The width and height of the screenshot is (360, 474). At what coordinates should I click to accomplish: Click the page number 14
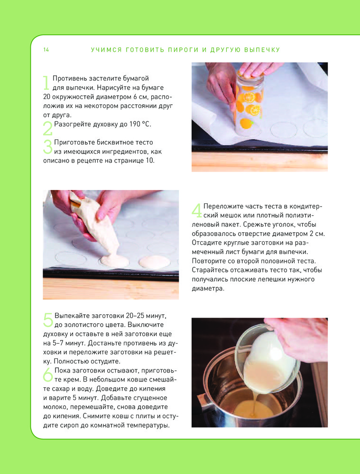(x=46, y=50)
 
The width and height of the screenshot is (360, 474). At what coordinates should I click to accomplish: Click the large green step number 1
(x=46, y=83)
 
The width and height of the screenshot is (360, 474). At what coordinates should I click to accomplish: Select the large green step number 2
(x=48, y=128)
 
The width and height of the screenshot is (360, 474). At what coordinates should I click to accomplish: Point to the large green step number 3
(x=48, y=146)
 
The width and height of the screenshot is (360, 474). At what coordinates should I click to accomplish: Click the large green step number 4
(x=197, y=210)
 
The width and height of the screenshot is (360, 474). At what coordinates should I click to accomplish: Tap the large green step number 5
(x=48, y=320)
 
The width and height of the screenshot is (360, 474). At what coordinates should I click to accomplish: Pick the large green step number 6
(x=48, y=374)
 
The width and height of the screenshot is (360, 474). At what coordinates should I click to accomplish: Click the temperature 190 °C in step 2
(x=140, y=124)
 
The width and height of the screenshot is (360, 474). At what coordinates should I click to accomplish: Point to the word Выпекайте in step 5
(x=72, y=316)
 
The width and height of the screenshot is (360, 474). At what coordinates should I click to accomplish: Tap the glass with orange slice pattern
(x=248, y=103)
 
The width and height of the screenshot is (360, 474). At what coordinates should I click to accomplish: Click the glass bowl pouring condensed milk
(x=268, y=358)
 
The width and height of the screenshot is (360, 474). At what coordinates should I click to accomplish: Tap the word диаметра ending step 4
(x=207, y=289)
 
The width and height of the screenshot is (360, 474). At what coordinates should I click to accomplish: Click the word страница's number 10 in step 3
(x=150, y=161)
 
